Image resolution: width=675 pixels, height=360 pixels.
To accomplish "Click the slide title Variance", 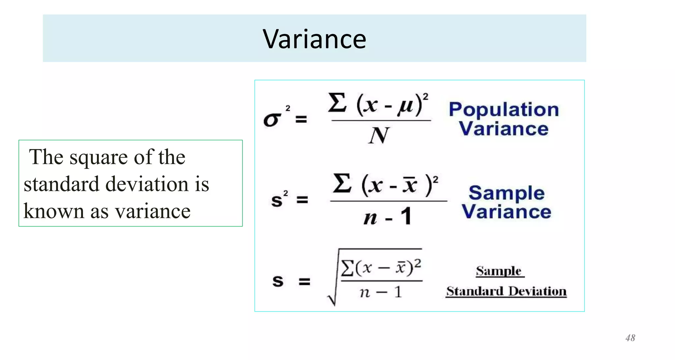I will (x=314, y=39).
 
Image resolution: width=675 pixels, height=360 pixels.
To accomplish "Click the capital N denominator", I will (x=379, y=135).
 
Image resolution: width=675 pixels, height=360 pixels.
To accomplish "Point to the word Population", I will (x=504, y=110).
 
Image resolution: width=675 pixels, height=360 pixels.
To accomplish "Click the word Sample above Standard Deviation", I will (x=499, y=271).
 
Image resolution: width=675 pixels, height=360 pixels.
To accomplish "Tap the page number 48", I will (x=630, y=338).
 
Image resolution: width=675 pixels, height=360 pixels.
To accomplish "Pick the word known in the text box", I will (x=53, y=211).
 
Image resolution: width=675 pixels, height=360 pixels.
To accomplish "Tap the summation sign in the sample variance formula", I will (x=342, y=183).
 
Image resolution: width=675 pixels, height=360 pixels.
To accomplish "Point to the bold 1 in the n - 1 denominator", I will (x=406, y=216).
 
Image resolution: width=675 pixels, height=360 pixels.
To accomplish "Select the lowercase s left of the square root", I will (x=278, y=281).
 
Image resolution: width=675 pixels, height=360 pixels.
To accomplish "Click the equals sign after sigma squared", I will (x=301, y=119).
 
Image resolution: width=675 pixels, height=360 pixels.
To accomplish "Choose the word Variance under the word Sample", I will (x=506, y=212).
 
